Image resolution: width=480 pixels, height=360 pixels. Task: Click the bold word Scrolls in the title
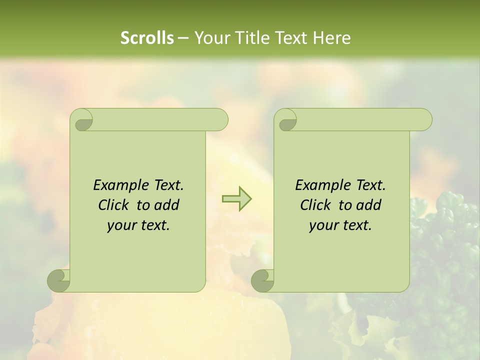coord(147,38)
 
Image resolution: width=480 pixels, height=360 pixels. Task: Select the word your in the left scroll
coord(121,225)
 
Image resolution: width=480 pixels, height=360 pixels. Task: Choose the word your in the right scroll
coord(323,225)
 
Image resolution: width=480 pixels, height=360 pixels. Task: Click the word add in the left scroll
coord(166,205)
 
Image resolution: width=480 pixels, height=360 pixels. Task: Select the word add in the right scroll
coord(368,205)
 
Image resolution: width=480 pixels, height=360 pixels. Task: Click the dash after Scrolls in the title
coord(183,38)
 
